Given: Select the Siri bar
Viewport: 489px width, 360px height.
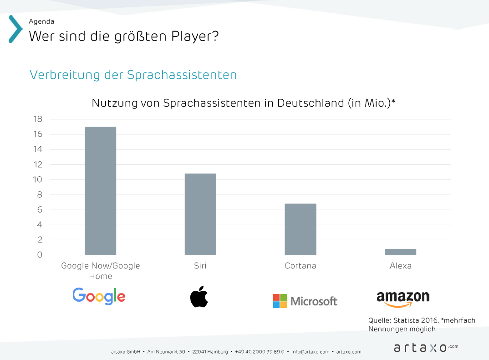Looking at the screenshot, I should (200, 214).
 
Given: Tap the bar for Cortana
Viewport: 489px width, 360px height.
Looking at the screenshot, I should (301, 229).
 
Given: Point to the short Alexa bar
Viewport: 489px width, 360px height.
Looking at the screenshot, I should (401, 252).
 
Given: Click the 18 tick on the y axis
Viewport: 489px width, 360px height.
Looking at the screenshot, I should (37, 119).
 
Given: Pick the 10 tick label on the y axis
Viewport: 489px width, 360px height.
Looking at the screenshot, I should (37, 180).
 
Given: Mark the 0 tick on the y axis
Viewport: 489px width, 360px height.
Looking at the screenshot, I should (40, 255).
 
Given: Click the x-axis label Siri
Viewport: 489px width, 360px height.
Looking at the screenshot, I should (200, 266).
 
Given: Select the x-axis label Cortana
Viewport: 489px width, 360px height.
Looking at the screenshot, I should (301, 266).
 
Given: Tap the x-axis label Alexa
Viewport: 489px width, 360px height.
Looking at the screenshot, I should (401, 266).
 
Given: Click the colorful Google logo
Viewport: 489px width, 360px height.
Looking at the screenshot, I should (99, 296).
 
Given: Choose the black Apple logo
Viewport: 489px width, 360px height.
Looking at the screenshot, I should (199, 297).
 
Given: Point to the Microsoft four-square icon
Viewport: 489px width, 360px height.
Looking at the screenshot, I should (280, 301).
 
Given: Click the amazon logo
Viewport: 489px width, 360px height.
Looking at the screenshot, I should (403, 299).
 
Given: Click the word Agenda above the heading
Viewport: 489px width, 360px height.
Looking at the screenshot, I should (41, 21).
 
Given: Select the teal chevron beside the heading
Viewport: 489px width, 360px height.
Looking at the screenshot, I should (15, 29).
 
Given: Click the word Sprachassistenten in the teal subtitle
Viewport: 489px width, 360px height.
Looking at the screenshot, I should (182, 75).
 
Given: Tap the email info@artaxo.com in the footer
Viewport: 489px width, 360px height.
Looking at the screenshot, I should (310, 352).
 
